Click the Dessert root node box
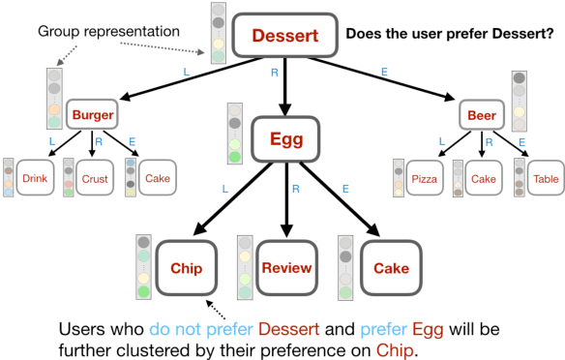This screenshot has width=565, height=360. [x=284, y=37]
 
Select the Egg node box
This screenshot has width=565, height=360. [x=285, y=139]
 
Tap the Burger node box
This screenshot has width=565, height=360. [x=93, y=116]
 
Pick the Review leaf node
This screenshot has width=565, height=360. [x=286, y=267]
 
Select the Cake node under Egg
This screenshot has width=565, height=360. [x=390, y=267]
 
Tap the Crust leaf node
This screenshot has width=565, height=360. [x=95, y=178]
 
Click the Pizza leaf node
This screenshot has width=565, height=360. [x=425, y=178]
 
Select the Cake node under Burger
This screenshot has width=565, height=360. [x=156, y=178]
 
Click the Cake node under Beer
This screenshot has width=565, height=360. [x=484, y=178]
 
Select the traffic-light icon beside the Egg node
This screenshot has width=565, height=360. [x=233, y=134]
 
